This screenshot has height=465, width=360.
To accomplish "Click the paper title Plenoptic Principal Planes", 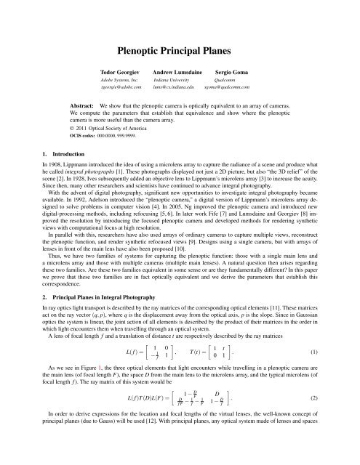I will click(180, 50).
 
